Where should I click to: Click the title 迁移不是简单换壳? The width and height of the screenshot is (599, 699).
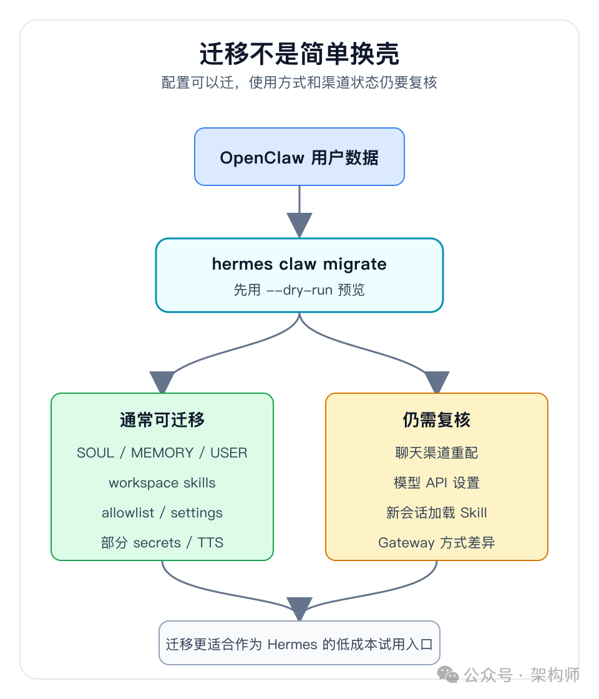[299, 54]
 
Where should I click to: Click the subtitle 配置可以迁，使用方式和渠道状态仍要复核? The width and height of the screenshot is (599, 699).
[299, 83]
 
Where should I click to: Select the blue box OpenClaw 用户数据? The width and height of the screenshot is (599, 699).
[299, 157]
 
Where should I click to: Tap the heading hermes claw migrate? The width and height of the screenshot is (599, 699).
[299, 264]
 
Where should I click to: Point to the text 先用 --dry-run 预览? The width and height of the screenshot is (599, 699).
[299, 290]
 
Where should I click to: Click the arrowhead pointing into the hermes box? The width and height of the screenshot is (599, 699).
[299, 225]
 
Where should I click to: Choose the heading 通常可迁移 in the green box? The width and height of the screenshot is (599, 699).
[162, 420]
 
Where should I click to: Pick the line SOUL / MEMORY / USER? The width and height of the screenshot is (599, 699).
[162, 453]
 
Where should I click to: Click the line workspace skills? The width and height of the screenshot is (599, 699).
[162, 483]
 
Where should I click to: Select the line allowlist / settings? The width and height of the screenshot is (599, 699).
[162, 513]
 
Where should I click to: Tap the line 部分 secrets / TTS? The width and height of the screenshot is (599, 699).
[162, 543]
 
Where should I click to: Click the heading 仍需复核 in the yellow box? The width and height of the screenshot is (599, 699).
[437, 420]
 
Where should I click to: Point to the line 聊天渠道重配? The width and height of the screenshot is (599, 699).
[437, 453]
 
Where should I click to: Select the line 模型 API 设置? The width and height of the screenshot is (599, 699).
[437, 483]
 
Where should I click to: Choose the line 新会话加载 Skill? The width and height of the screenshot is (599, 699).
[437, 513]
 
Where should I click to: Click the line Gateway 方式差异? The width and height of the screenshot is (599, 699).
[437, 543]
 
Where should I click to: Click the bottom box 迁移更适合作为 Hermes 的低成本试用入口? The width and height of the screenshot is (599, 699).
[299, 643]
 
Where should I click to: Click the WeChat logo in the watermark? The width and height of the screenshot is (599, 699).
[448, 675]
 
